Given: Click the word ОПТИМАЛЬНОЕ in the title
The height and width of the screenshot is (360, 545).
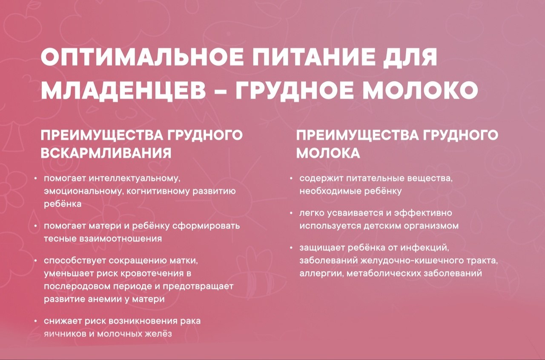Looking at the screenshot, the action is [x=142, y=57].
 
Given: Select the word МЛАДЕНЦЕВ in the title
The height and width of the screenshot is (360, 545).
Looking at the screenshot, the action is [x=123, y=91].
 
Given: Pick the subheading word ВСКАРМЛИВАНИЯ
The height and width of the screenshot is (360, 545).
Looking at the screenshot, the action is [x=106, y=153].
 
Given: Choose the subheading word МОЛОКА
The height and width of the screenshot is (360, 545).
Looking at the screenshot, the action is [x=328, y=153].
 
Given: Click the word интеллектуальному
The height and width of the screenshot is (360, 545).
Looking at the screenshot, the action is [x=135, y=179].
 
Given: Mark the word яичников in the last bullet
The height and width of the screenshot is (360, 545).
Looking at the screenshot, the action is [x=64, y=334].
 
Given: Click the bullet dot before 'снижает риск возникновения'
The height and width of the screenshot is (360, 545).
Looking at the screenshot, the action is [x=36, y=321].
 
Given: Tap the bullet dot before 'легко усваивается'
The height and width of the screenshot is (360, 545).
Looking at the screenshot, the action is [x=291, y=213].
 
